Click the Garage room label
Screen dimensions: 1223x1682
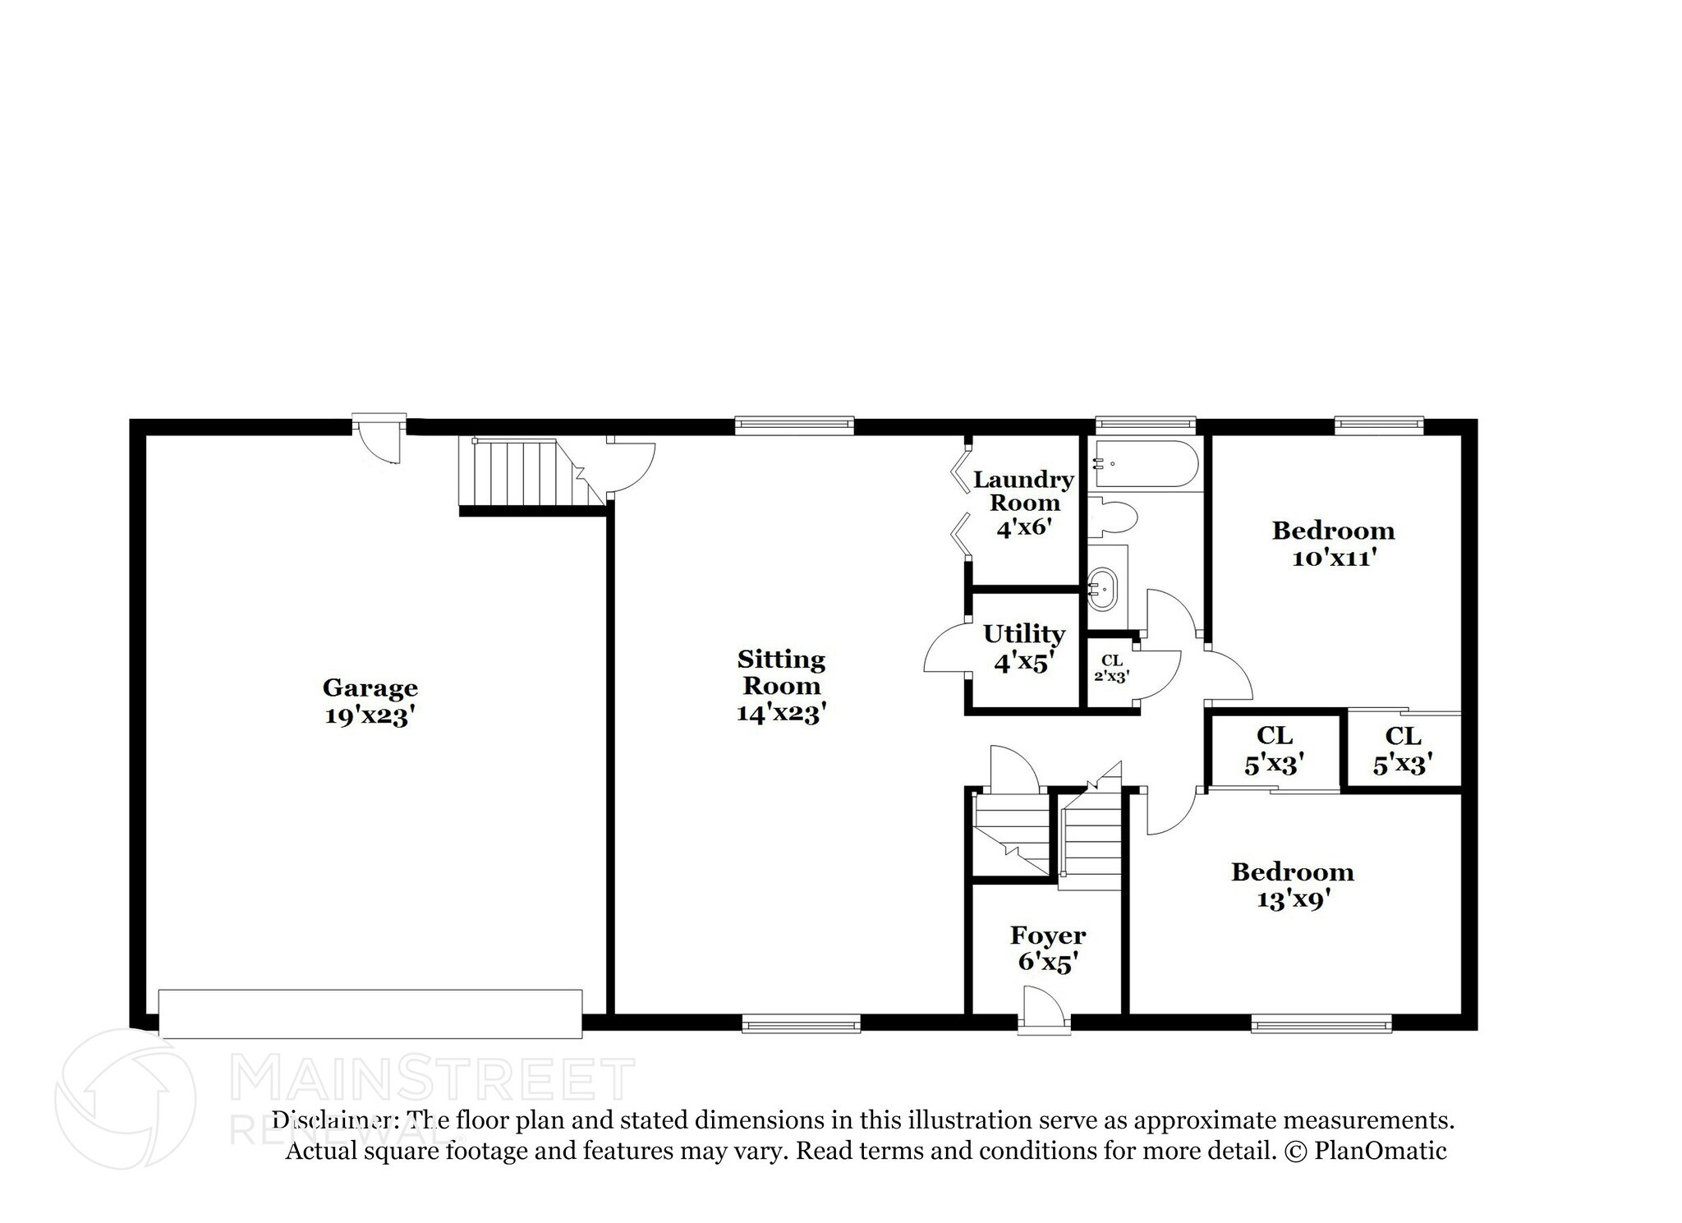click(x=370, y=687)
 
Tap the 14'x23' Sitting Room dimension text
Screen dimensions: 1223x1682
click(x=780, y=713)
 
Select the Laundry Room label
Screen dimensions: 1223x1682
click(x=1023, y=491)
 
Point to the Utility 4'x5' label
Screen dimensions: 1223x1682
click(x=1023, y=647)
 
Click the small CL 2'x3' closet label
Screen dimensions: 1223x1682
click(x=1111, y=669)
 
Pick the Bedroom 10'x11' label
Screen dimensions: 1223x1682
click(x=1333, y=544)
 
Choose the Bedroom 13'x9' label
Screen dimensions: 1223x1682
click(x=1292, y=885)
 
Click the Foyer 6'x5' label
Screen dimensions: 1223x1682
click(x=1047, y=949)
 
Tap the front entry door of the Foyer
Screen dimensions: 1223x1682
click(x=1044, y=1009)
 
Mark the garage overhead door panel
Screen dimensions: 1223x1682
click(x=370, y=1014)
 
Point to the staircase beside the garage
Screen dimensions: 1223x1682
click(x=517, y=473)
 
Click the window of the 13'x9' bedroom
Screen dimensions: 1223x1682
click(x=1321, y=1023)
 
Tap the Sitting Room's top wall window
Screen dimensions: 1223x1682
click(x=794, y=424)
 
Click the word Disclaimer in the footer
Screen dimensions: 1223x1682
click(x=330, y=1120)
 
